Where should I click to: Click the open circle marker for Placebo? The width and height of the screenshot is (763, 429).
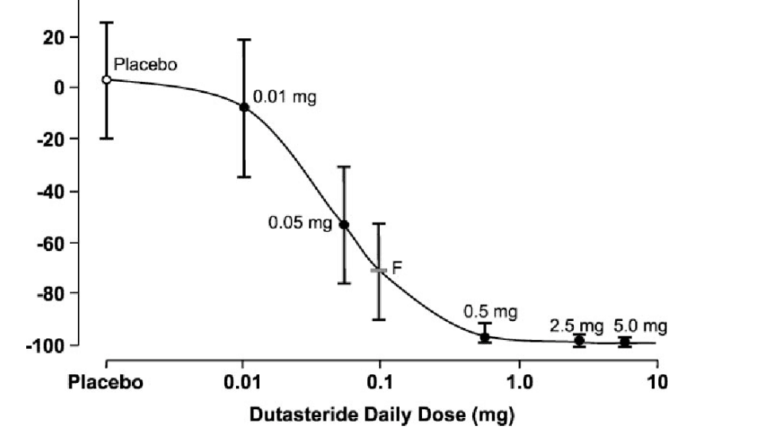coord(107,79)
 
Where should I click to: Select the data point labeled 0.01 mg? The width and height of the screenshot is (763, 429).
coord(244,106)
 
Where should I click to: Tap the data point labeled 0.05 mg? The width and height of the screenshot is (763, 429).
coord(344,224)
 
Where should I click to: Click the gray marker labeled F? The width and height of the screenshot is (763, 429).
coord(379,270)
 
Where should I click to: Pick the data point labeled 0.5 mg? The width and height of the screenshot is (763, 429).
coord(484,337)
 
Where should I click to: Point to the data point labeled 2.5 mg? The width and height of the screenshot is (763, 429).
coord(579,341)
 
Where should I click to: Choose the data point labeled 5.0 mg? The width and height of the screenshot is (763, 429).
coord(626,342)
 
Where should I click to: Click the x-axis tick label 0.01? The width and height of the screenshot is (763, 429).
coord(243,382)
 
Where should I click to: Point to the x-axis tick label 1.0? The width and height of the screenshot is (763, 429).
coord(520,382)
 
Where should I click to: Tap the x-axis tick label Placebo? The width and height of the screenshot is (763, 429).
coord(106,382)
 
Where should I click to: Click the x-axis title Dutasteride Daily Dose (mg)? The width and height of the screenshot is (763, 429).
coord(381,414)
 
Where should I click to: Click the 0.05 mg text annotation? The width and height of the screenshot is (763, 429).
coord(300,223)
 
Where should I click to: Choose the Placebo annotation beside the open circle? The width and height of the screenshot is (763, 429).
coord(145,64)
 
